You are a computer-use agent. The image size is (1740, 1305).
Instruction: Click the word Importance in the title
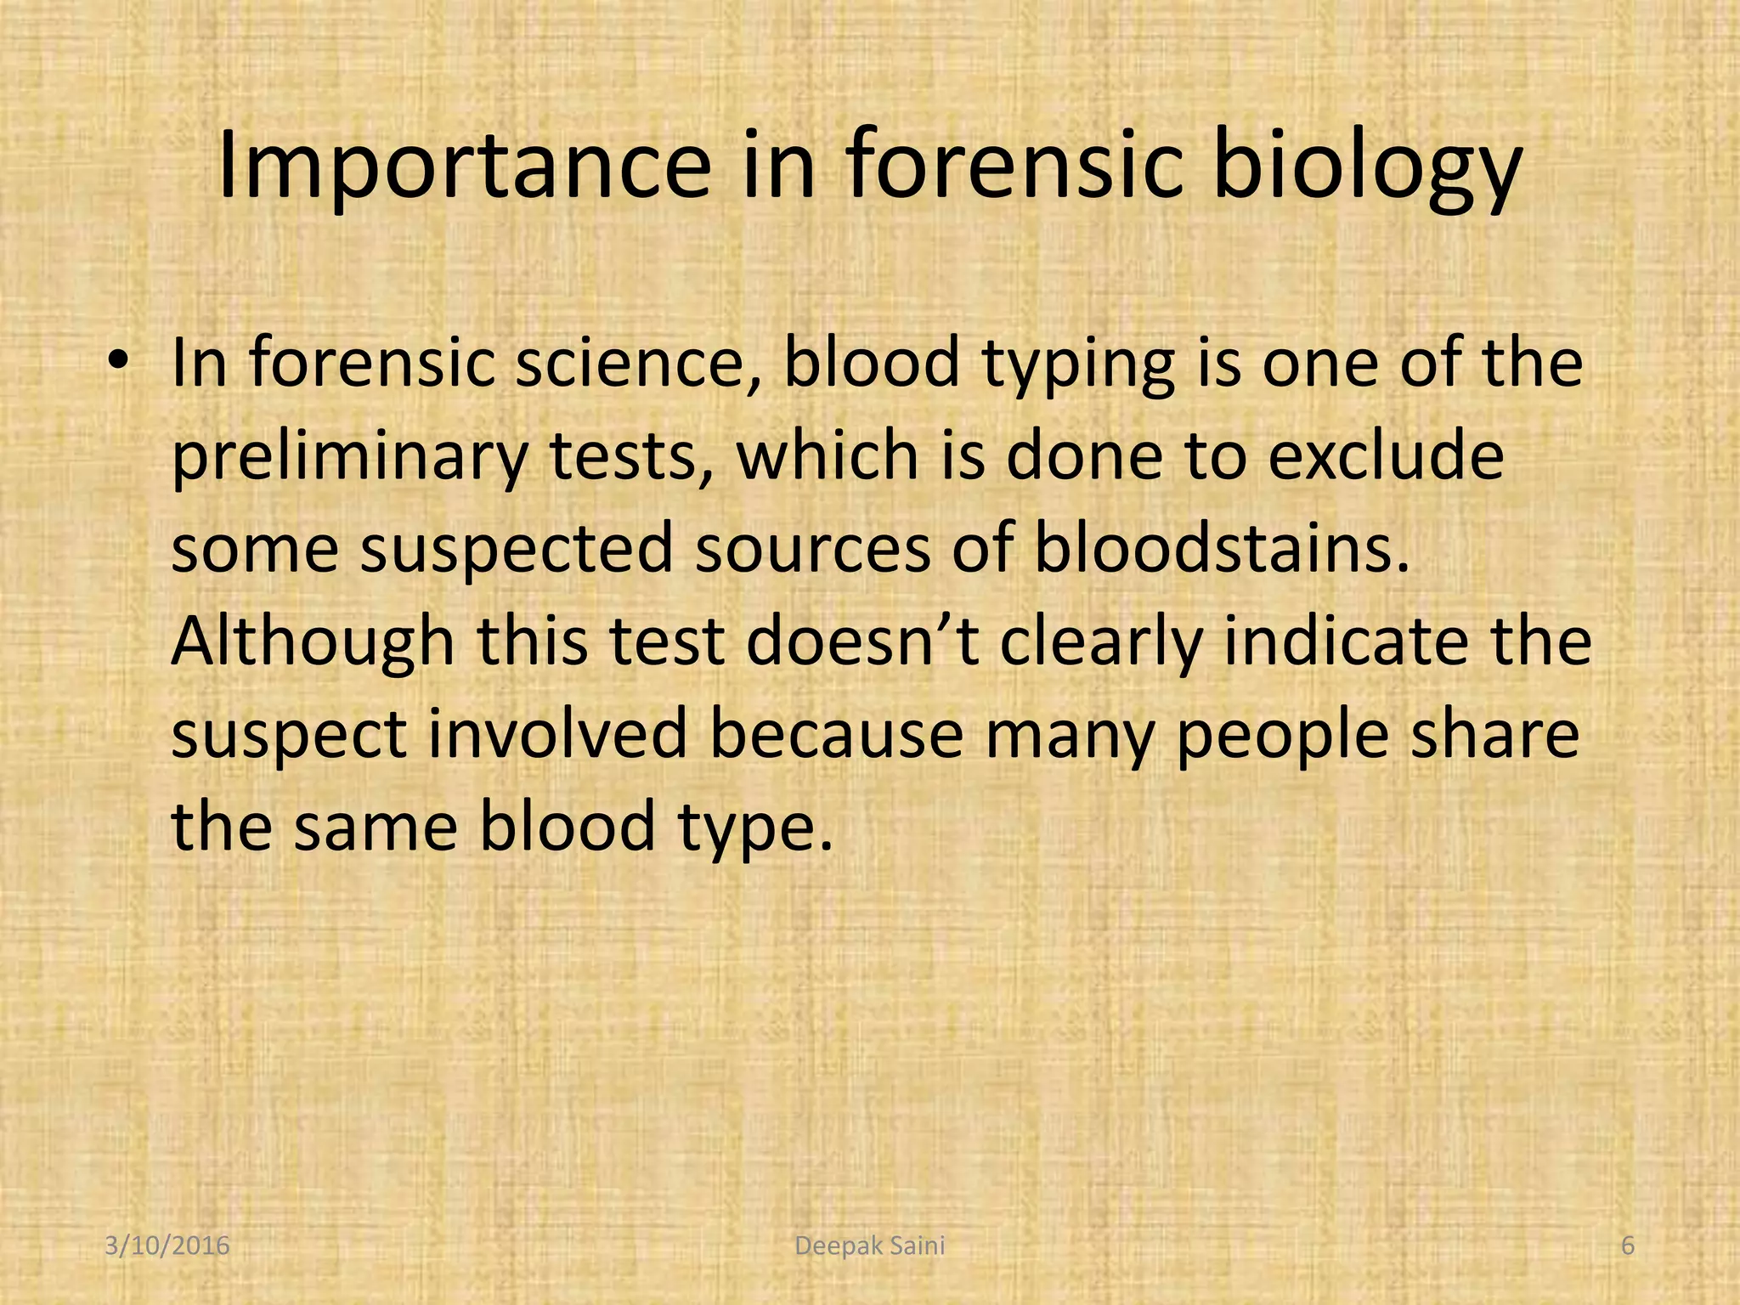point(464,167)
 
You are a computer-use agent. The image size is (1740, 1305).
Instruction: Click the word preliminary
point(349,457)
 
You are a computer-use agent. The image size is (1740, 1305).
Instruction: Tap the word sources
point(813,549)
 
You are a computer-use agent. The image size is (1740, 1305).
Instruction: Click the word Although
point(313,641)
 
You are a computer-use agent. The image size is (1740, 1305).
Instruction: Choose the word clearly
point(1101,643)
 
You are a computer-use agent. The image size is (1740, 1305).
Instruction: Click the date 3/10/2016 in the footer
point(167,1246)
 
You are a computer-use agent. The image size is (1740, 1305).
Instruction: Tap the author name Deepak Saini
point(869,1246)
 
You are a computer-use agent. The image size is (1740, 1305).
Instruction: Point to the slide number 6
point(1627,1246)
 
